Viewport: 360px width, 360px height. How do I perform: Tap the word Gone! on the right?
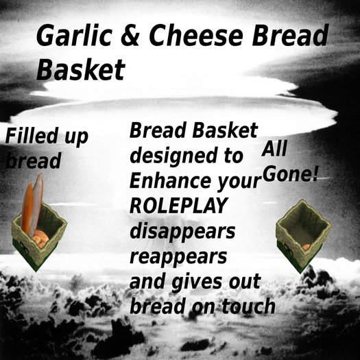point(291,173)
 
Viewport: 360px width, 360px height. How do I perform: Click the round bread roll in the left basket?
point(40,238)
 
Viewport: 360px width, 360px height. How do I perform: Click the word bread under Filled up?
point(33,162)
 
